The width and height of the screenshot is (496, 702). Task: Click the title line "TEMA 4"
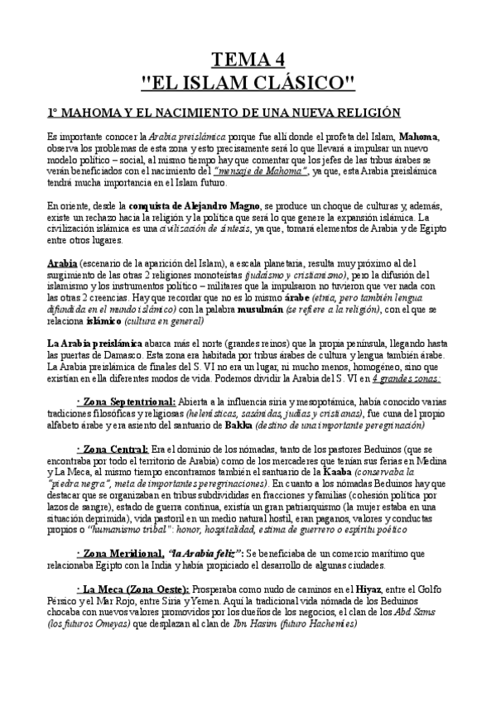(248, 59)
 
